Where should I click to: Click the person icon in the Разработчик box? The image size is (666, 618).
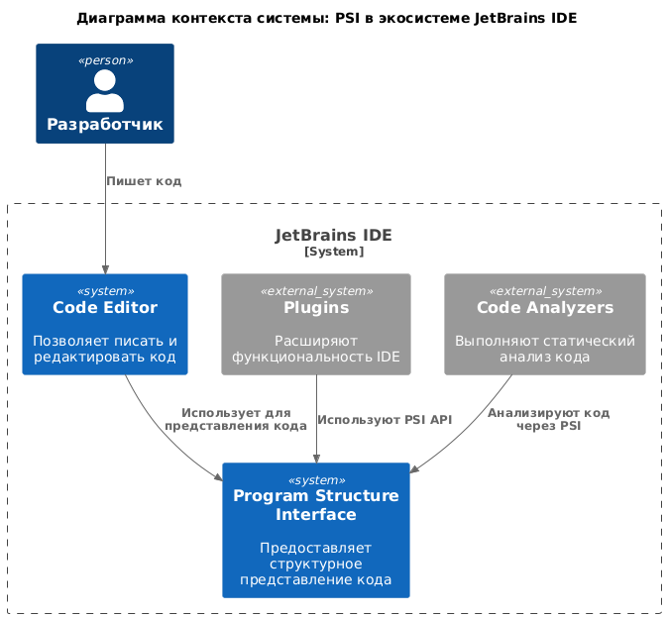click(x=104, y=90)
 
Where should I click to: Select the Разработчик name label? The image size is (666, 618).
click(x=104, y=125)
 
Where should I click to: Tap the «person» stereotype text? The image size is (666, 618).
click(x=104, y=60)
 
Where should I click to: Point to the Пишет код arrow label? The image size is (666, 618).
click(x=144, y=181)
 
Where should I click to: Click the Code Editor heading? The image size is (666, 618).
click(x=104, y=308)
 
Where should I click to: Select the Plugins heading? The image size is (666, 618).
click(x=316, y=308)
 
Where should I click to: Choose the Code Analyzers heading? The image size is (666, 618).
click(x=545, y=308)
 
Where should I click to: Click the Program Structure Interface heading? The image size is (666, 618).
click(x=316, y=505)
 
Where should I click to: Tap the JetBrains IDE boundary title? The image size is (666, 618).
click(x=333, y=236)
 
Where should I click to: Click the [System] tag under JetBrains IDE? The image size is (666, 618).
click(x=333, y=252)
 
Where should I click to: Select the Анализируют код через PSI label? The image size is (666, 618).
click(x=548, y=419)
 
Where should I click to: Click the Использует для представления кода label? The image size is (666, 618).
click(x=236, y=419)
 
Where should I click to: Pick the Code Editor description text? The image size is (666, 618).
click(x=104, y=349)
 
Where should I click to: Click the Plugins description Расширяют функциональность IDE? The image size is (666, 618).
click(x=316, y=349)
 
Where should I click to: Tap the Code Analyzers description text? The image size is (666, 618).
click(x=545, y=349)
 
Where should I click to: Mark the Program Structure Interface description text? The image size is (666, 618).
click(x=316, y=564)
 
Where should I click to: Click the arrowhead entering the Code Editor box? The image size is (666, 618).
click(x=104, y=268)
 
